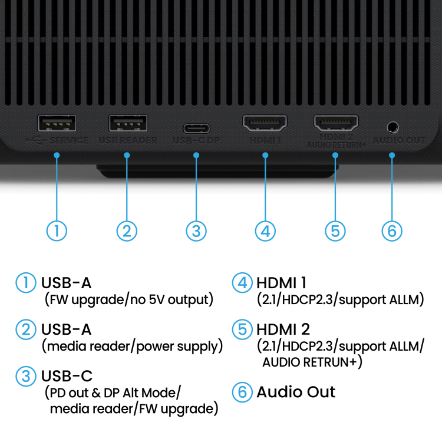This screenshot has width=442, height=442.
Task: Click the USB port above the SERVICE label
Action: [57, 123]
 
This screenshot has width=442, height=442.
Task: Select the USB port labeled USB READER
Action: [128, 123]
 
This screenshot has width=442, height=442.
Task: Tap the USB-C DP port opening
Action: [196, 128]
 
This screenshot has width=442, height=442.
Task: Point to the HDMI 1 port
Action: [265, 124]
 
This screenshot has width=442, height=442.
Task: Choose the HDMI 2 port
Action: [336, 124]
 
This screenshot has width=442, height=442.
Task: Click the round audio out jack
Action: [392, 126]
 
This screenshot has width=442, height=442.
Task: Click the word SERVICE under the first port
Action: [69, 141]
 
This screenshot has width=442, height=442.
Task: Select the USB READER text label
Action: [128, 141]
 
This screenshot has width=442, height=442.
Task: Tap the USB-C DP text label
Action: [196, 141]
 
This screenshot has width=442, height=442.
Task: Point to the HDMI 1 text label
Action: [265, 141]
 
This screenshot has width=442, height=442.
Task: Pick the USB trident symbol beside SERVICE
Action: [34, 140]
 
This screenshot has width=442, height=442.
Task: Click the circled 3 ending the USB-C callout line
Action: [196, 230]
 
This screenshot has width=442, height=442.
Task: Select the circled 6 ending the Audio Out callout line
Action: [392, 230]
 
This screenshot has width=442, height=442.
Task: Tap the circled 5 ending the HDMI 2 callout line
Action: [335, 230]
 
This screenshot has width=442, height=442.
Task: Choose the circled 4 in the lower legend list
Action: [242, 283]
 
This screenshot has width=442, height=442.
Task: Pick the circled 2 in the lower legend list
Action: [26, 329]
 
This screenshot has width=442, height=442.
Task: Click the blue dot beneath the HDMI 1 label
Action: [265, 156]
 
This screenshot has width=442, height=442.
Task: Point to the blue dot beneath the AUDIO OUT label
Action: [392, 156]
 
